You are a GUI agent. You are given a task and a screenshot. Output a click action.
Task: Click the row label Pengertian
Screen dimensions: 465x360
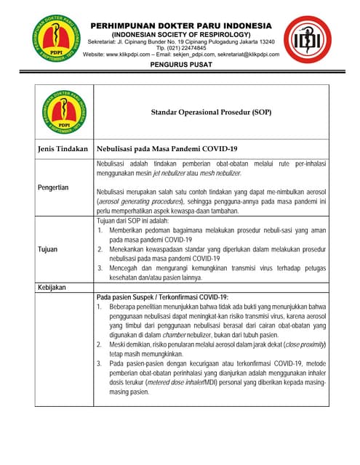pyautogui.click(x=55, y=187)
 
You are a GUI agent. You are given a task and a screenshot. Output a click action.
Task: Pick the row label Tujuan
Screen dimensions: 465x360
pyautogui.click(x=48, y=249)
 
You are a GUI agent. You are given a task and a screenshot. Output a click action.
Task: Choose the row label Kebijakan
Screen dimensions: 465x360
pyautogui.click(x=51, y=288)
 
